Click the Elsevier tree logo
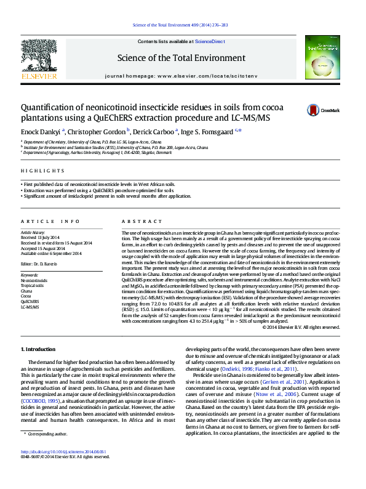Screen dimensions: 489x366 (x=39, y=57)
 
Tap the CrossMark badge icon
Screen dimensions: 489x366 (x=314, y=110)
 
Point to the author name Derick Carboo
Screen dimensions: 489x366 (x=154, y=131)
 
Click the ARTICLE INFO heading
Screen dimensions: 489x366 (x=50, y=221)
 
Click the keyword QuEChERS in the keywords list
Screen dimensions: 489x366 (x=30, y=301)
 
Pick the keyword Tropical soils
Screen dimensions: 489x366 (x=33, y=286)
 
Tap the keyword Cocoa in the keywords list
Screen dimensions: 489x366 (x=26, y=296)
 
